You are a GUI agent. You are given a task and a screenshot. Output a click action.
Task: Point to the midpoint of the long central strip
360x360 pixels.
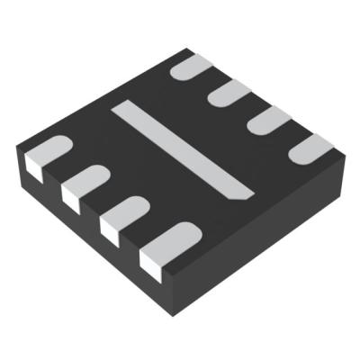(x=183, y=150)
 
